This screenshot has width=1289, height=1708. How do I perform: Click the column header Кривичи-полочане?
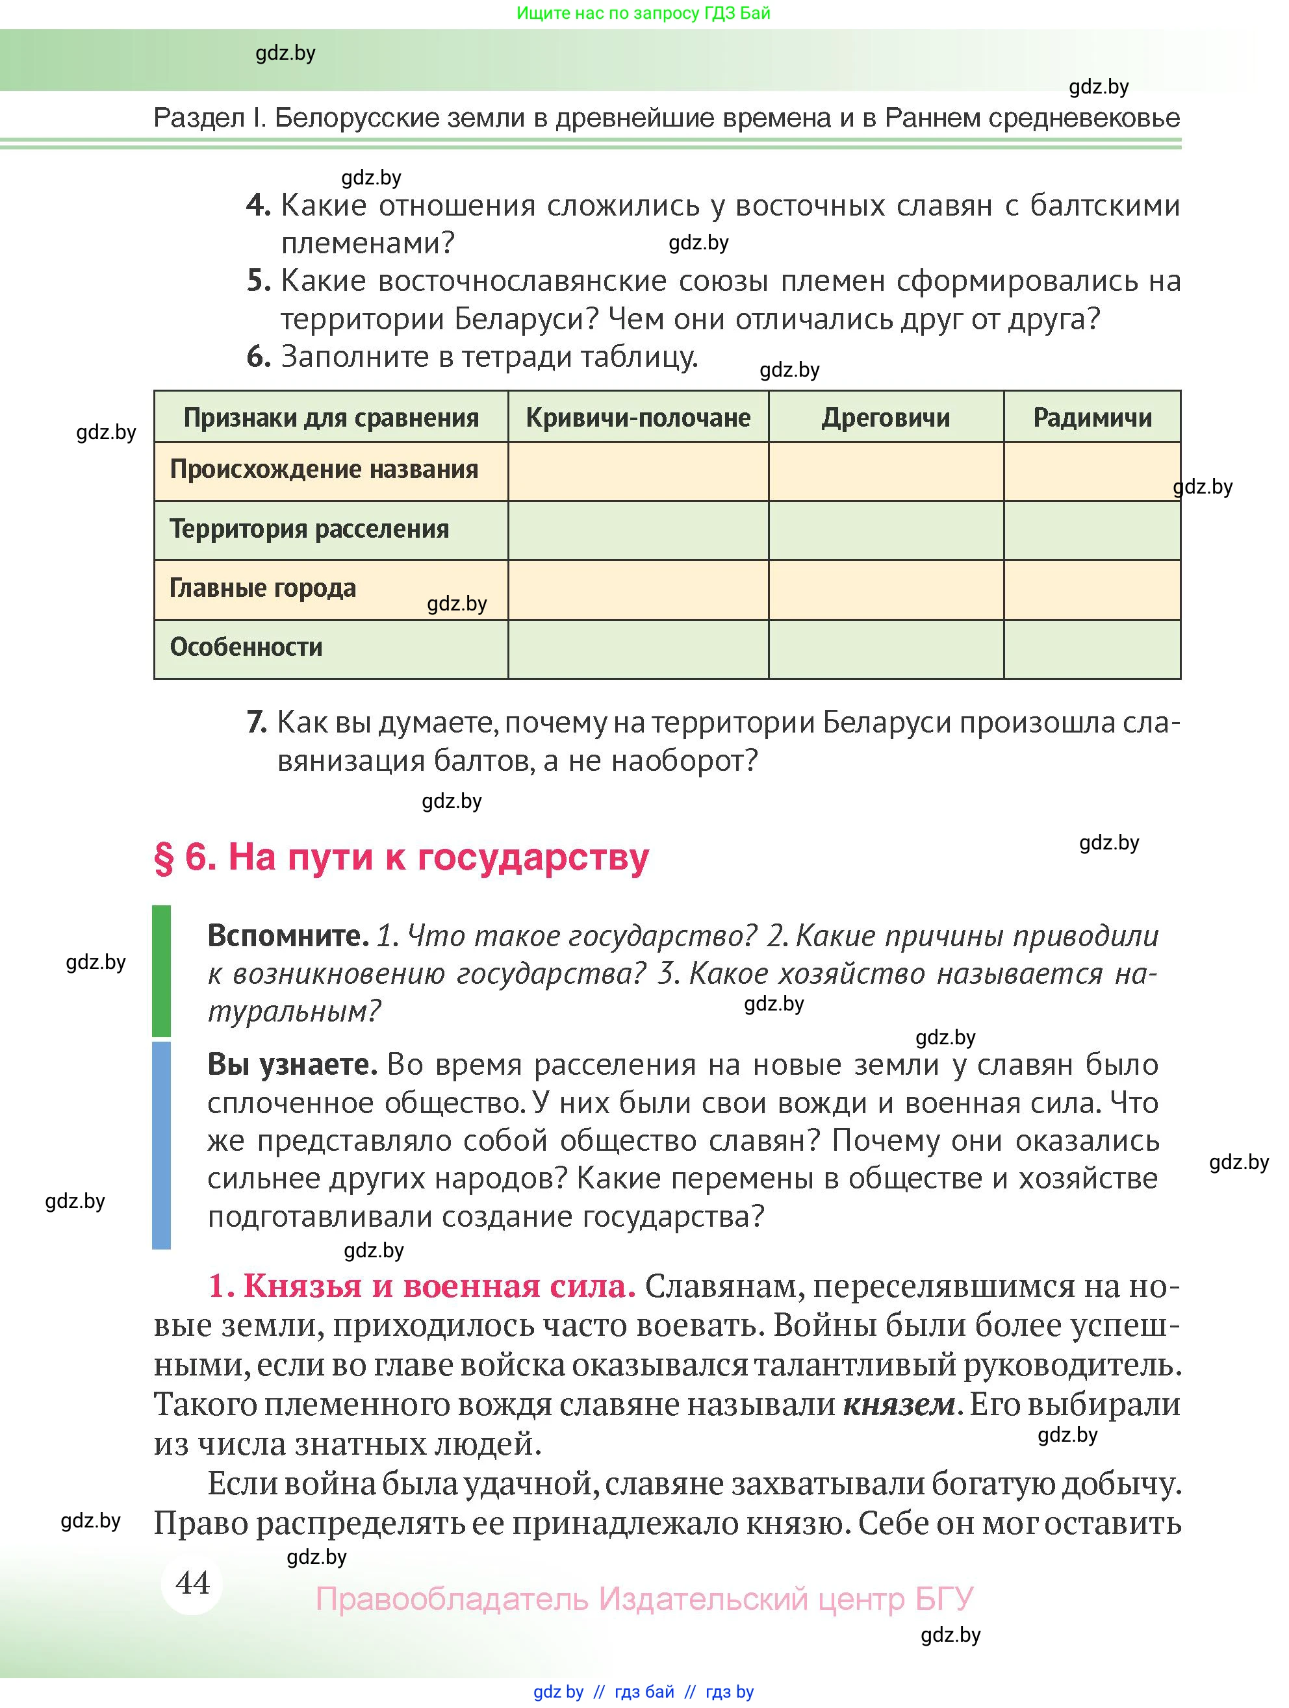(638, 418)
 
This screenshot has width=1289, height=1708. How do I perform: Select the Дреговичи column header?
(885, 418)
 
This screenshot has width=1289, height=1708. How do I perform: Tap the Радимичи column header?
(1091, 418)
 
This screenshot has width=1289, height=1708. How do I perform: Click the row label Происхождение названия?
(324, 470)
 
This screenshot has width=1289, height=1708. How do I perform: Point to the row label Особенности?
(246, 647)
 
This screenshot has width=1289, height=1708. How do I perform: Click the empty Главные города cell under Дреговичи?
(885, 589)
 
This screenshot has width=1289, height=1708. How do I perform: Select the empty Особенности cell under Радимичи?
(1091, 649)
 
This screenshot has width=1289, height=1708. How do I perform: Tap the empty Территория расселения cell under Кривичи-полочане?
(638, 530)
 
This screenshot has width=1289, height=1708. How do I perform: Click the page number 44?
(192, 1582)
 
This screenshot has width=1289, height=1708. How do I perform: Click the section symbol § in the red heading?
(164, 858)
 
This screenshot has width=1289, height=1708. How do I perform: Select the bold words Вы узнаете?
(291, 1065)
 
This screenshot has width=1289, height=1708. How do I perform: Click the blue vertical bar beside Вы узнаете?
(161, 1144)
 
